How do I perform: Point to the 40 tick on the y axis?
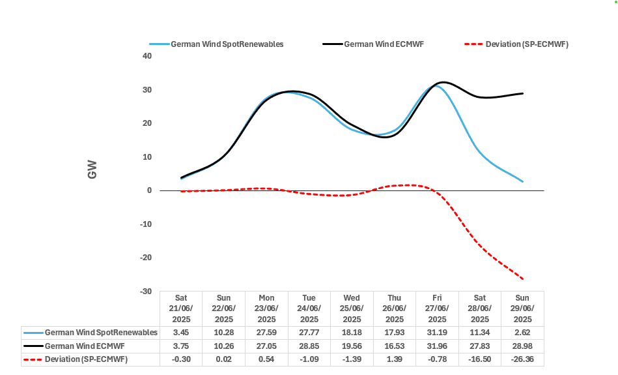tap(147, 56)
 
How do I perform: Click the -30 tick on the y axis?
tap(146, 292)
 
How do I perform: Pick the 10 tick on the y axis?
tap(147, 157)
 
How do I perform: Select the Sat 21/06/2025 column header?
tap(181, 308)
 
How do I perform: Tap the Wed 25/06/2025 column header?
tap(352, 308)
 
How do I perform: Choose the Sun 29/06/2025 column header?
tap(523, 308)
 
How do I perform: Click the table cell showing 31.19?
tap(437, 333)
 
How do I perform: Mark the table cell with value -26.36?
tap(522, 359)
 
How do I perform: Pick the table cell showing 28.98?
tap(523, 346)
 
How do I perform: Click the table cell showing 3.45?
tap(181, 333)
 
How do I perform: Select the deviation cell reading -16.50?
tap(480, 359)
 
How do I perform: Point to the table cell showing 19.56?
tap(352, 346)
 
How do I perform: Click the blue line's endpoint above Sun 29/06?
tap(523, 181)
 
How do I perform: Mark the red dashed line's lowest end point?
tap(523, 279)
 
